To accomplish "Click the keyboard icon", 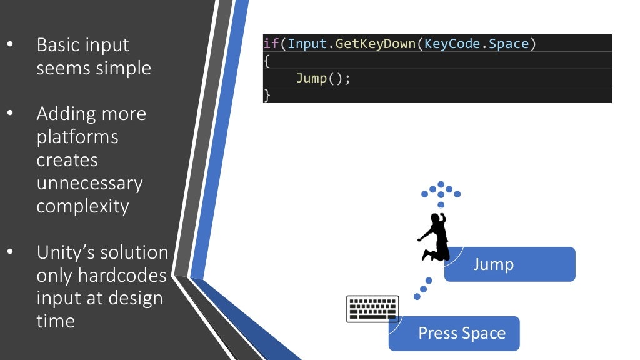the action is point(372,309).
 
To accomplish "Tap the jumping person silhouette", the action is point(434,237).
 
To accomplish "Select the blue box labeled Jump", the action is point(509,264).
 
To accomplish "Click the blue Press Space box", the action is point(454,333).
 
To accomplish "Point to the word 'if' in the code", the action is point(271,44).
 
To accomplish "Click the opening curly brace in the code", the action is point(267,61).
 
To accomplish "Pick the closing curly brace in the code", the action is point(267,96).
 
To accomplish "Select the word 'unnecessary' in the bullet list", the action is point(89,183).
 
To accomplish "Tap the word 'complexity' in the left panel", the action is point(82,206).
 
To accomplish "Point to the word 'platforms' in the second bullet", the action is point(77,137).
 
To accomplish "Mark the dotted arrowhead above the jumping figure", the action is point(441,191).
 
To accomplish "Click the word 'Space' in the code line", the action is point(509,44).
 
